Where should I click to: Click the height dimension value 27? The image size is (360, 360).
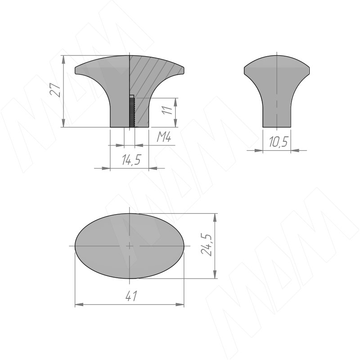(55, 90)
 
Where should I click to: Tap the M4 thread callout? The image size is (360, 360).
(164, 138)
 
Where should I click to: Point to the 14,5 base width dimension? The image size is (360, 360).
(131, 160)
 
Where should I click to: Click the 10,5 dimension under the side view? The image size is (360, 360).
(278, 142)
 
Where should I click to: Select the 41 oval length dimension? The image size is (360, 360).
(131, 296)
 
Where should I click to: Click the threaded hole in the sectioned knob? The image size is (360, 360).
(132, 111)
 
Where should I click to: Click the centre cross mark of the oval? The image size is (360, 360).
(130, 246)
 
